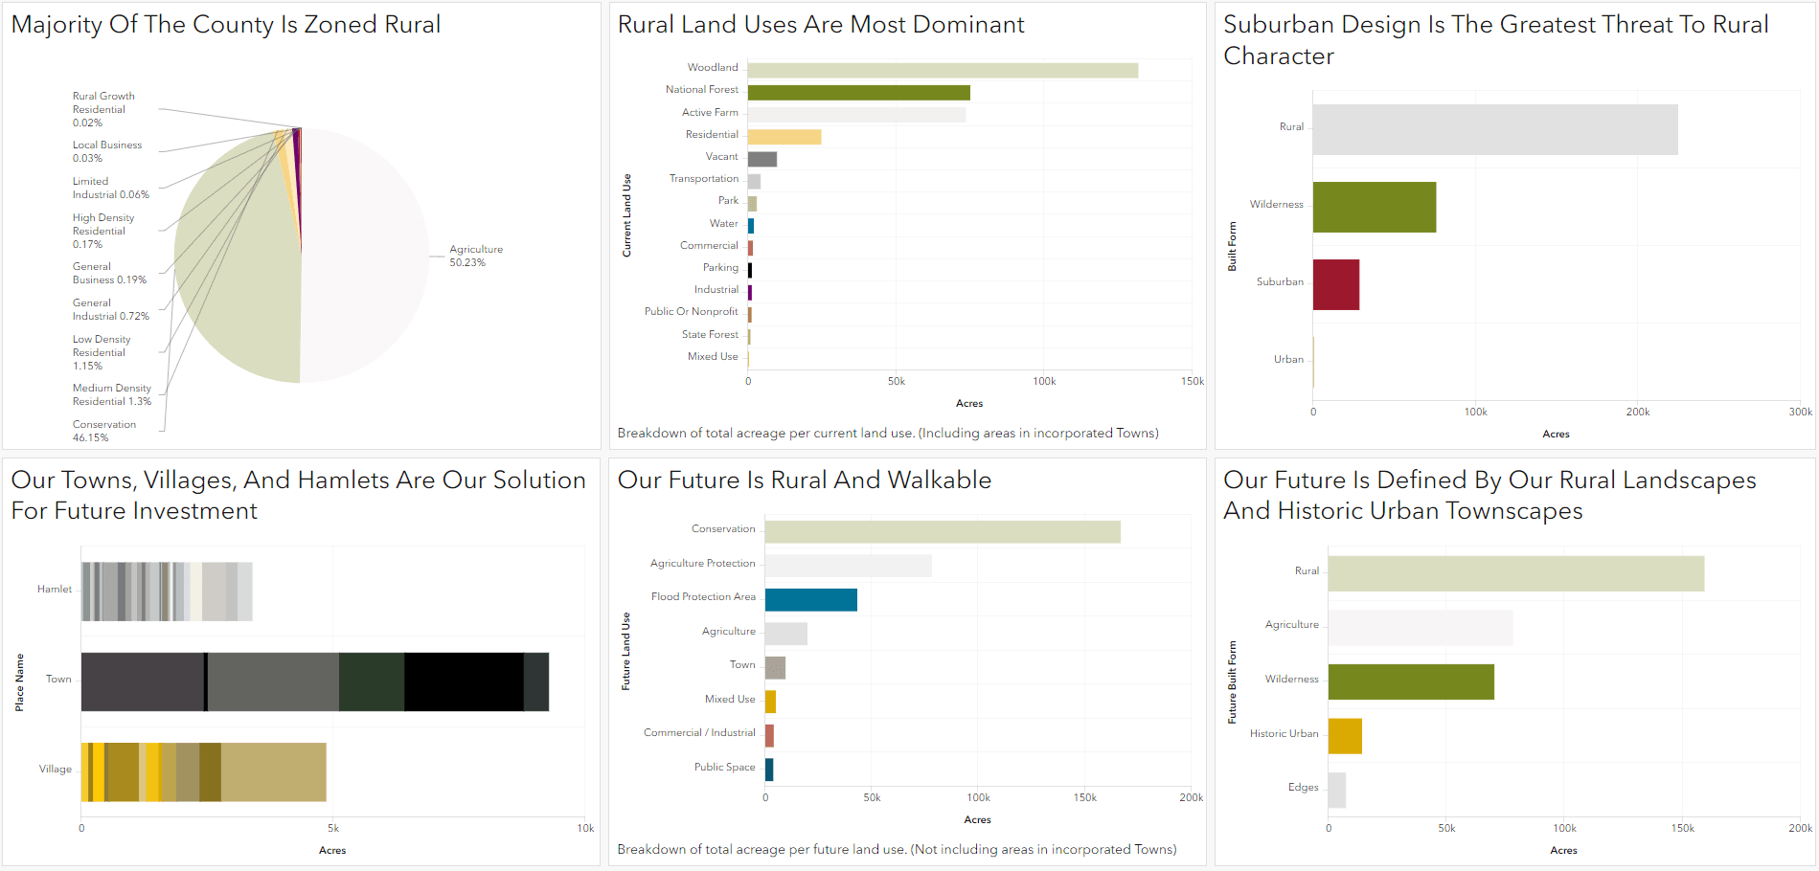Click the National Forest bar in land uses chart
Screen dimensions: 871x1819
tap(858, 93)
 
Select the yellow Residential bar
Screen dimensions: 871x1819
tap(784, 137)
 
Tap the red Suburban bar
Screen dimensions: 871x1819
tap(1335, 284)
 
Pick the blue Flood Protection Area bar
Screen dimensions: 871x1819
tap(810, 600)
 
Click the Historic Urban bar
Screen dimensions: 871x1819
tap(1344, 736)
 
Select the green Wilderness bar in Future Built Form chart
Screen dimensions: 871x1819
tap(1410, 681)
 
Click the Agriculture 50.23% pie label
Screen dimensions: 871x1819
tap(475, 256)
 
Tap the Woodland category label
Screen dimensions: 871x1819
tap(712, 68)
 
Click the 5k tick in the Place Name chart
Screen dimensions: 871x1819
tap(332, 828)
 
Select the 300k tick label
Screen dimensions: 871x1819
tap(1799, 412)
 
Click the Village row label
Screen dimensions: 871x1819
tap(55, 770)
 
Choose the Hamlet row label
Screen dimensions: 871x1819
tap(54, 590)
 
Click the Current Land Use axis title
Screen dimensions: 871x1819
tap(626, 215)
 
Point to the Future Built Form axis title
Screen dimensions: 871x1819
tap(1232, 681)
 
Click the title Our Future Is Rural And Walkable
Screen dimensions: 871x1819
tap(804, 480)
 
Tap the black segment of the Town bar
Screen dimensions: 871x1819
tap(464, 681)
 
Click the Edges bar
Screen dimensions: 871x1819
tap(1336, 791)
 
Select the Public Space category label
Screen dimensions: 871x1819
tap(724, 768)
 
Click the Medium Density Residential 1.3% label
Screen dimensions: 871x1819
tap(111, 395)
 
